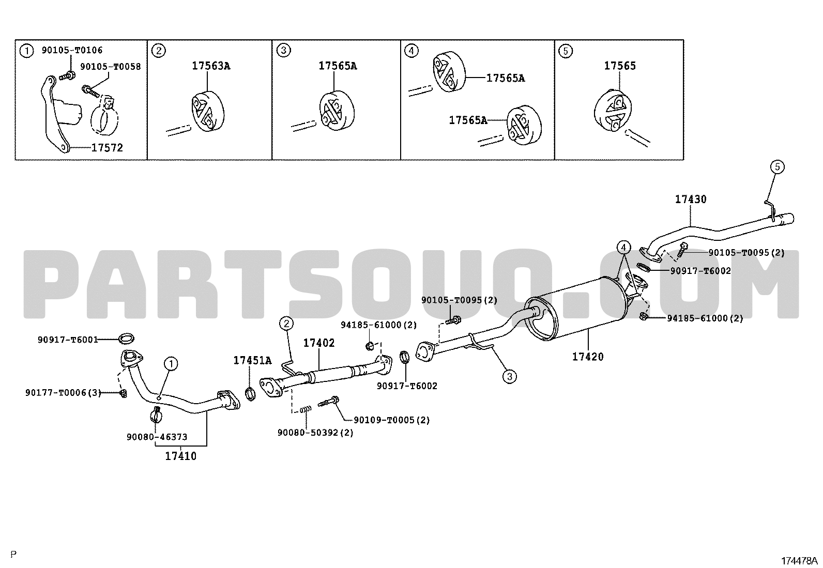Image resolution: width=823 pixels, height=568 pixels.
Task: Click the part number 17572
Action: [x=107, y=148]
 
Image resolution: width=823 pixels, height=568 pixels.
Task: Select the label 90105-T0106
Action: [x=72, y=50]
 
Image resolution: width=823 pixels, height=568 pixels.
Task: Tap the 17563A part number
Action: [x=211, y=66]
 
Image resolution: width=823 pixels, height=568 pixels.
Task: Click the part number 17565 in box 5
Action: [x=620, y=66]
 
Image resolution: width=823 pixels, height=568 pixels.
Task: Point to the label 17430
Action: [x=691, y=199]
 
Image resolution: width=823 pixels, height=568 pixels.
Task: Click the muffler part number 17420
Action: [x=588, y=357]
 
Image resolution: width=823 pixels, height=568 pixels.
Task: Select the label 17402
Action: [x=319, y=343]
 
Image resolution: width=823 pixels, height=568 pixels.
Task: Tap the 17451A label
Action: [x=252, y=360]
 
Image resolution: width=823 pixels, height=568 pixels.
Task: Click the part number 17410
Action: [x=181, y=456]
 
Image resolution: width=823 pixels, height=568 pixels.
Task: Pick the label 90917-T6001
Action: [x=68, y=340]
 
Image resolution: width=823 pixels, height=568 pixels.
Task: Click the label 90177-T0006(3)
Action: [x=63, y=393]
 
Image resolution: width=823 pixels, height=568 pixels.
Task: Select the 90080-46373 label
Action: [x=157, y=437]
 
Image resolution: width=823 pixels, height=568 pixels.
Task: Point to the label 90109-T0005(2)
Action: [x=392, y=420]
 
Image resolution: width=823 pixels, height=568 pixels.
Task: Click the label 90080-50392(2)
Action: [x=315, y=433]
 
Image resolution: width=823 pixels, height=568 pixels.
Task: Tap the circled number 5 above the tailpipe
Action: [x=777, y=167]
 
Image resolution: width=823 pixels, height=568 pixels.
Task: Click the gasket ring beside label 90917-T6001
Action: [x=127, y=338]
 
